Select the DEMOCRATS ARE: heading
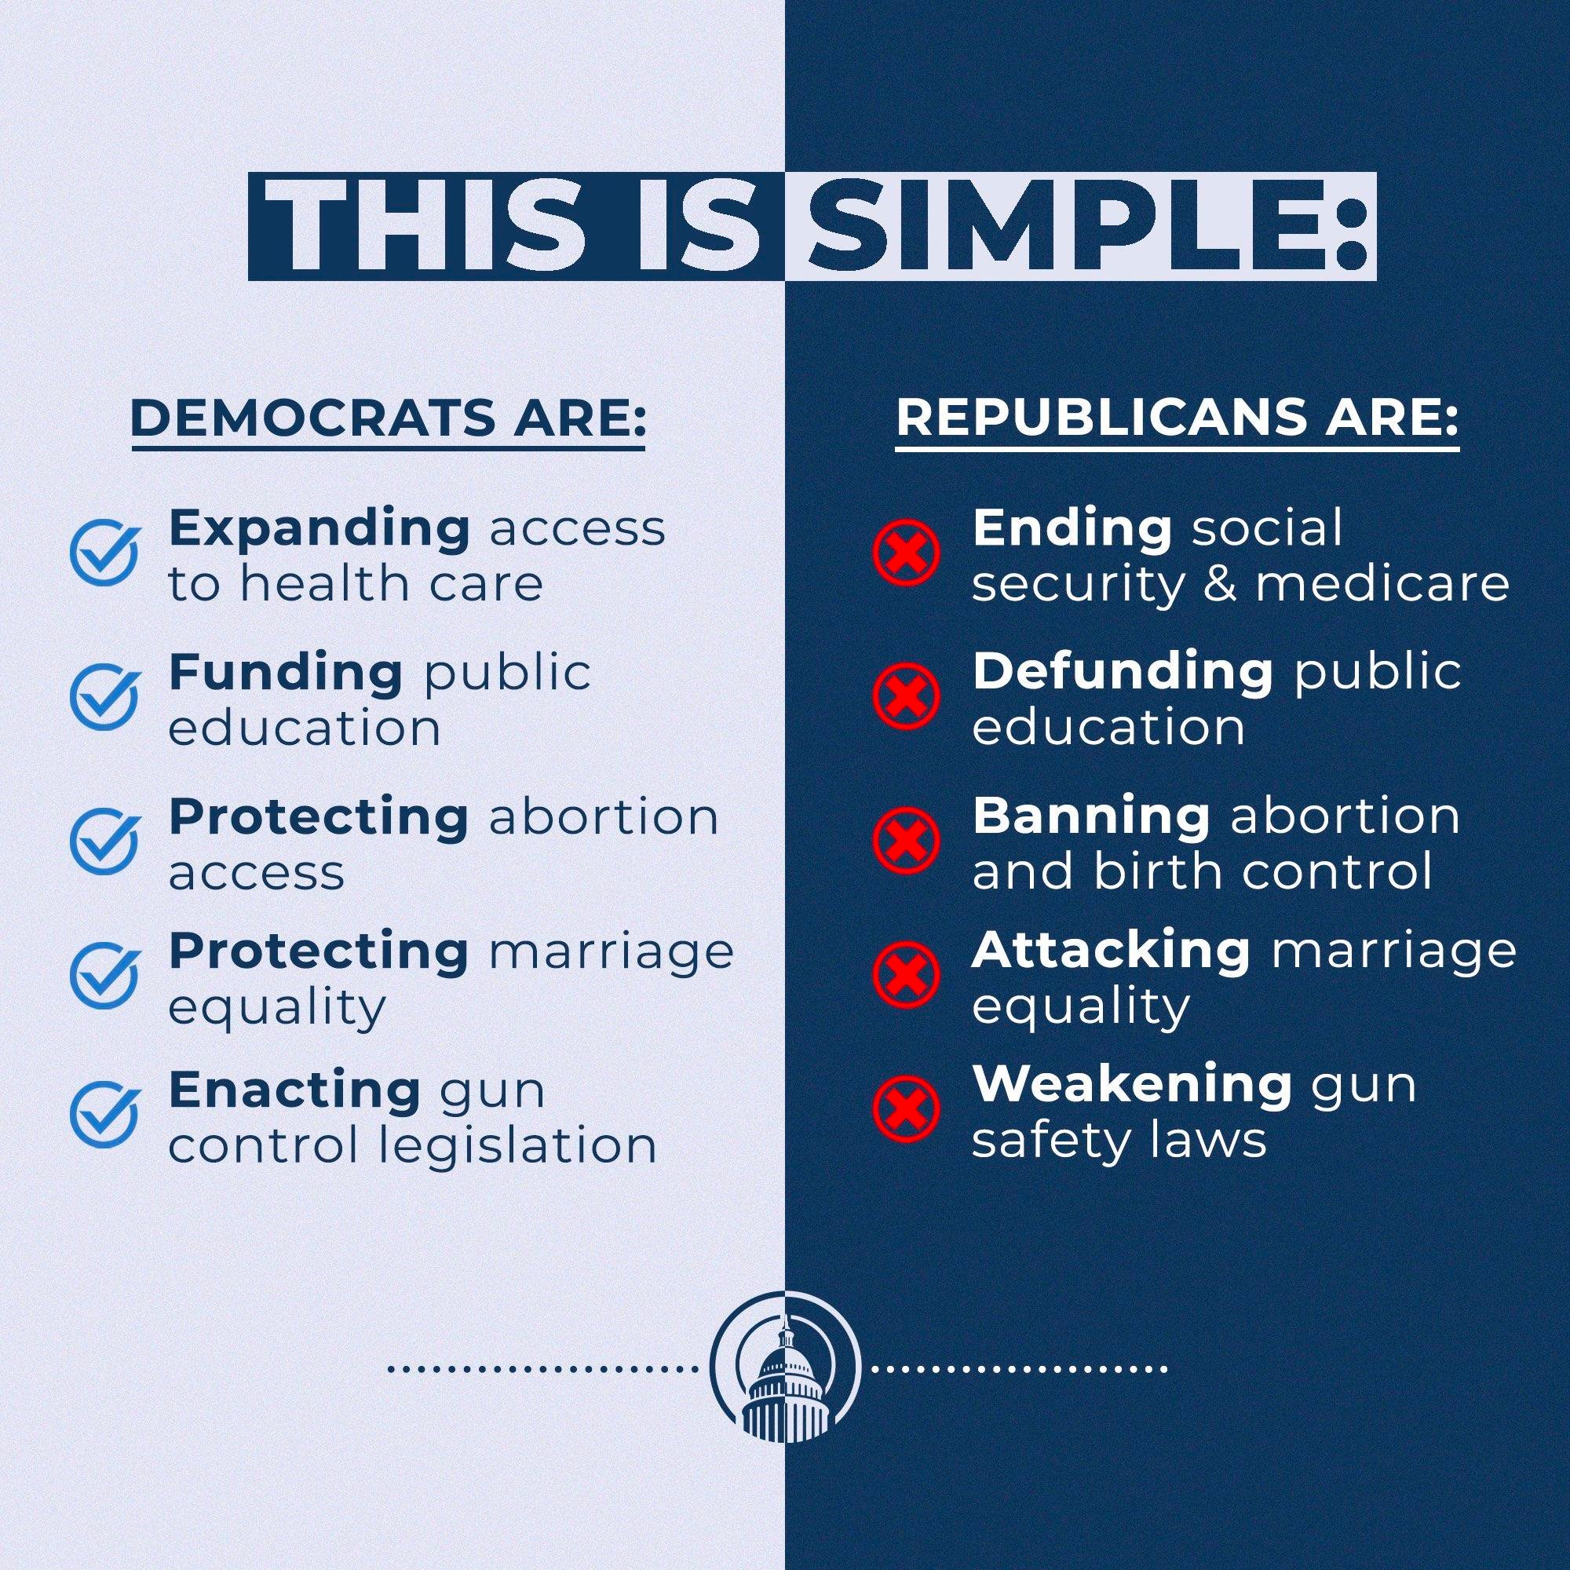389,419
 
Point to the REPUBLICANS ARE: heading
1177,419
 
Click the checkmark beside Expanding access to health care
104,553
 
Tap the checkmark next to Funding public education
104,696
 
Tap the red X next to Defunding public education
905,696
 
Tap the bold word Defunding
1123,672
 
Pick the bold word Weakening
1132,1083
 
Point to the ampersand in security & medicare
1220,583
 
